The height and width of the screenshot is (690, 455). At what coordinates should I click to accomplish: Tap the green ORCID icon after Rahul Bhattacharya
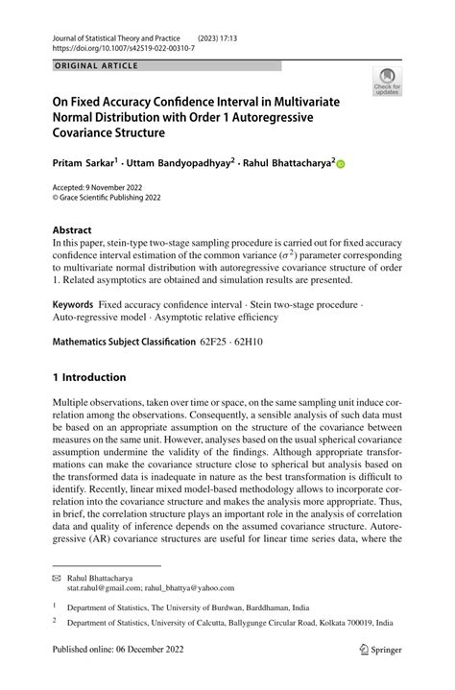pyautogui.click(x=339, y=164)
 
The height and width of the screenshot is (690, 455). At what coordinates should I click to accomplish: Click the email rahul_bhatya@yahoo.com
pyautogui.click(x=188, y=590)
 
